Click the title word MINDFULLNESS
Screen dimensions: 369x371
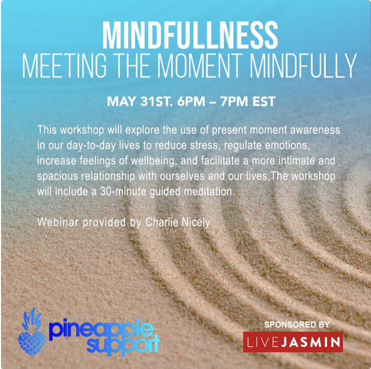coord(185,35)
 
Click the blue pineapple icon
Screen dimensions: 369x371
coord(32,332)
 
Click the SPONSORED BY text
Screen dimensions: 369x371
coord(297,324)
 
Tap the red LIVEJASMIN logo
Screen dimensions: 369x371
coord(293,343)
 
